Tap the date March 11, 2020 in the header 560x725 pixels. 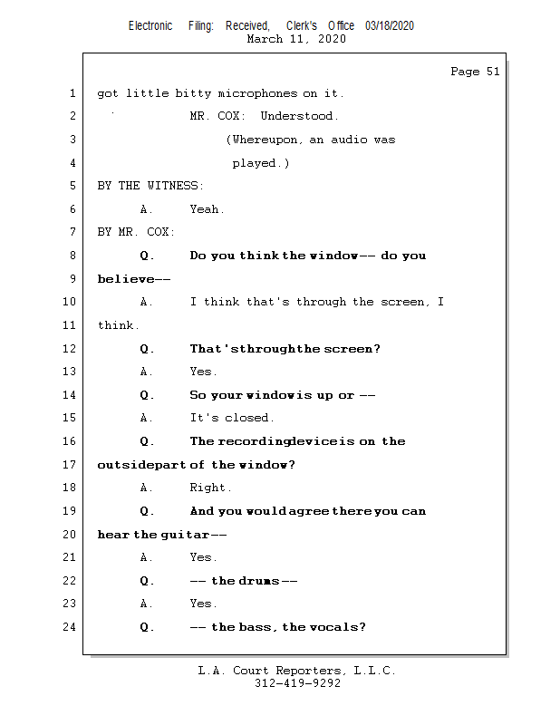tap(295, 39)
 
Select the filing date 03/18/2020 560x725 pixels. tap(390, 26)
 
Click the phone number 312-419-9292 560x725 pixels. tap(297, 683)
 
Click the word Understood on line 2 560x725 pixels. tap(298, 116)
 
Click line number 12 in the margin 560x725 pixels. tap(71, 349)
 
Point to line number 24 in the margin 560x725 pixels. tap(71, 627)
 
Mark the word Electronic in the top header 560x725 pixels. tap(150, 26)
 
